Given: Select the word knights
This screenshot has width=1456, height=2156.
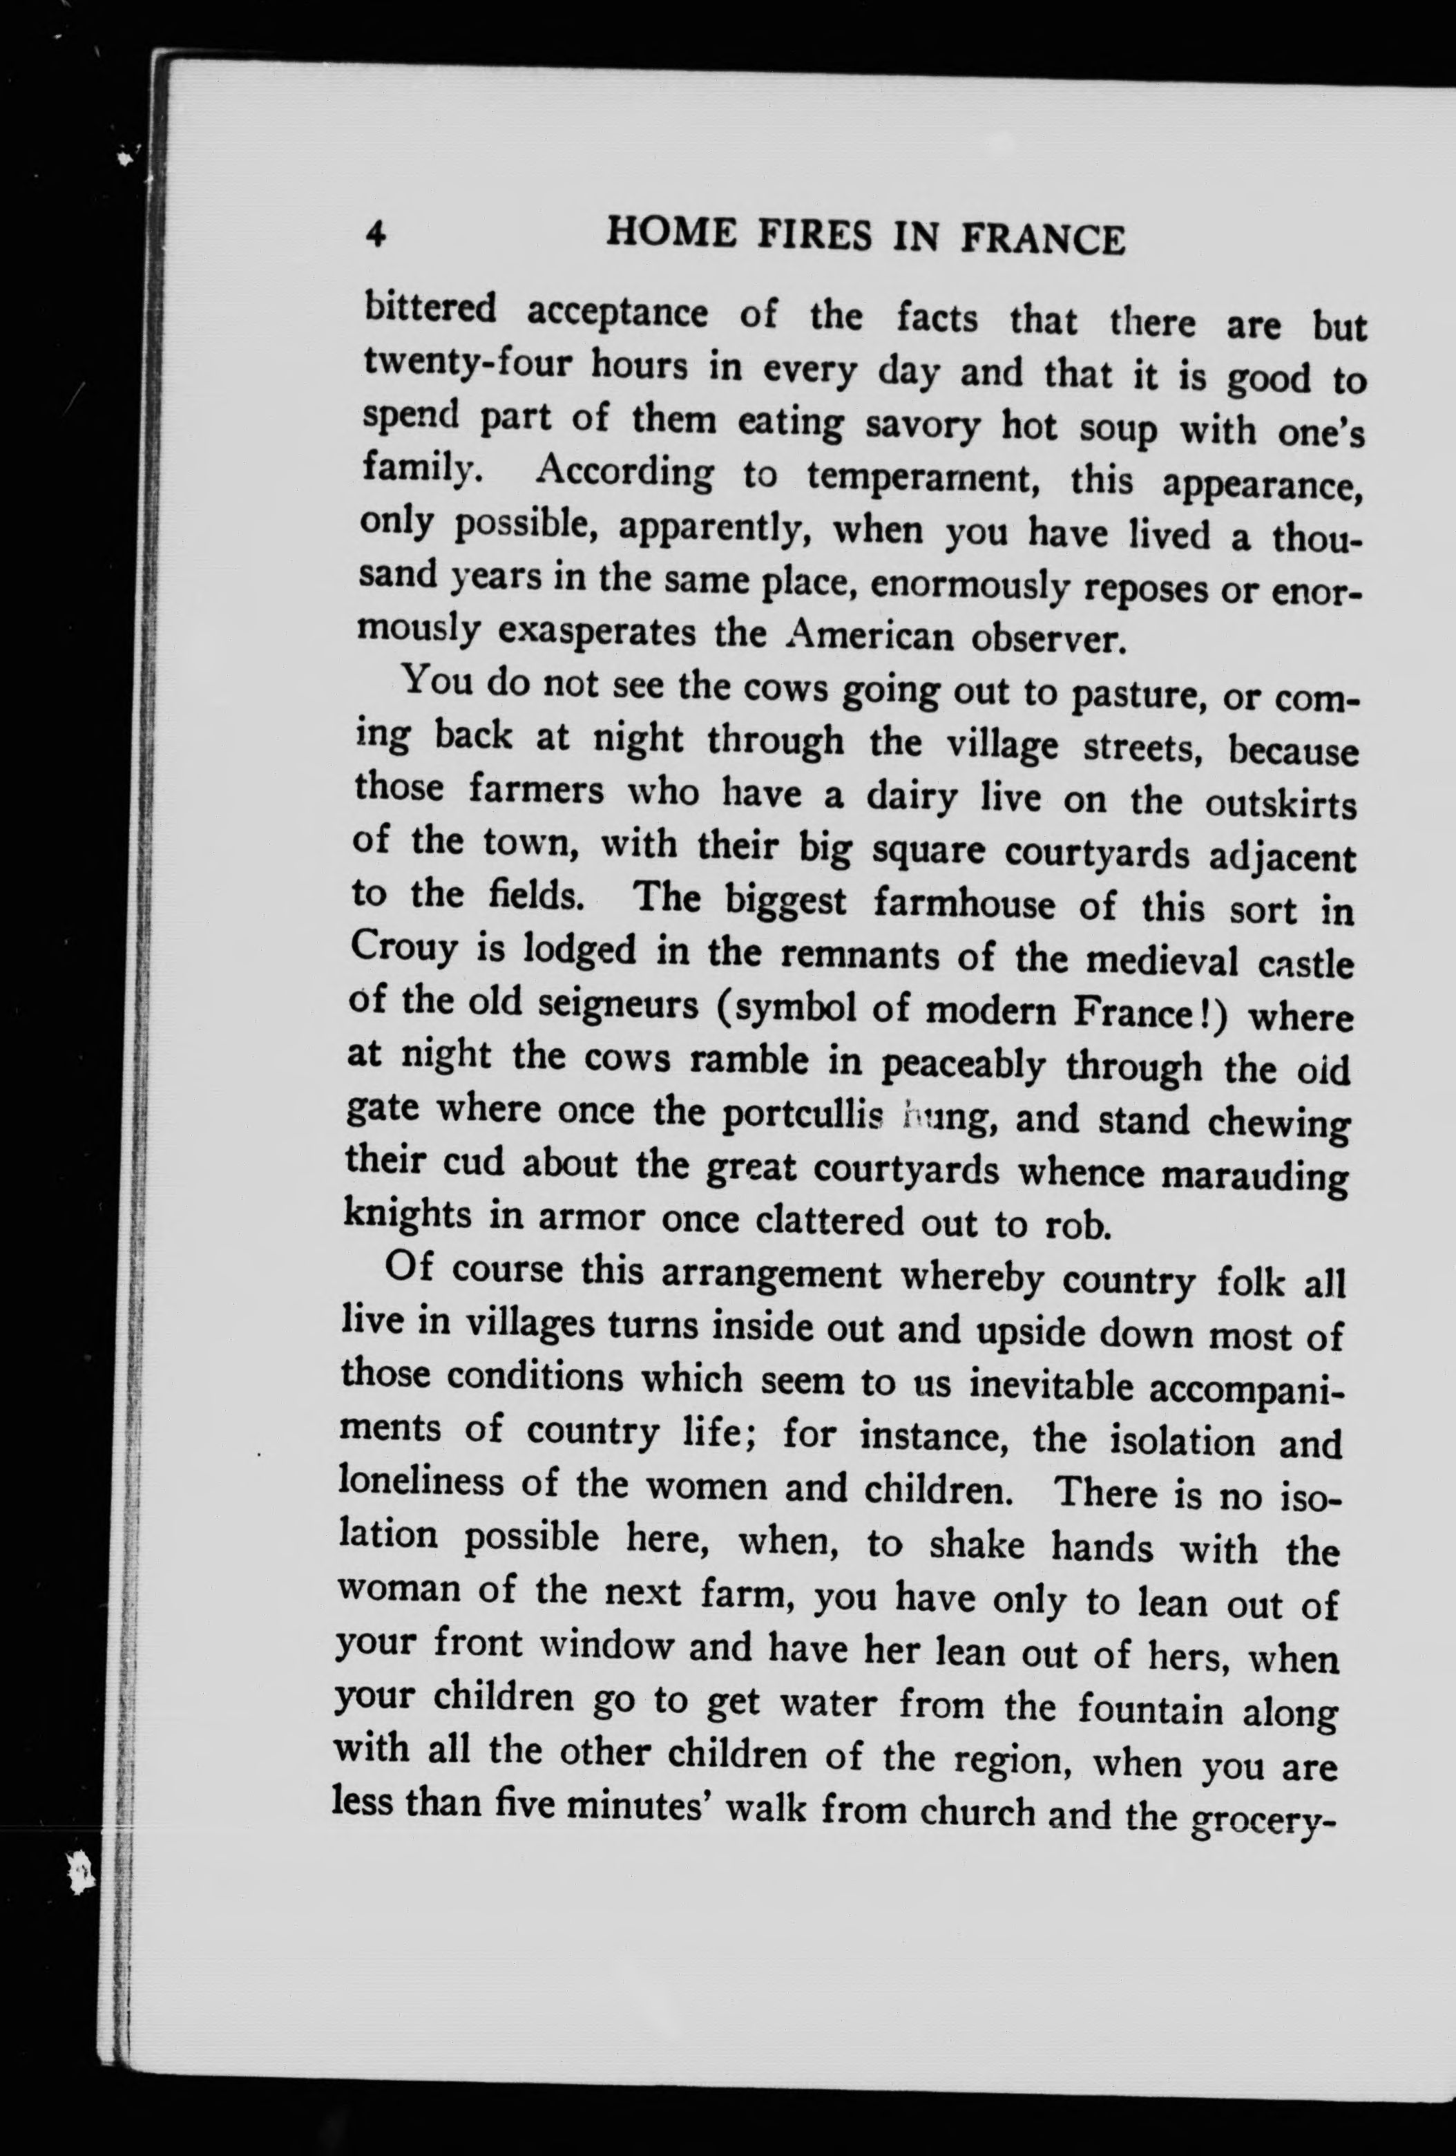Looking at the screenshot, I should [407, 1213].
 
